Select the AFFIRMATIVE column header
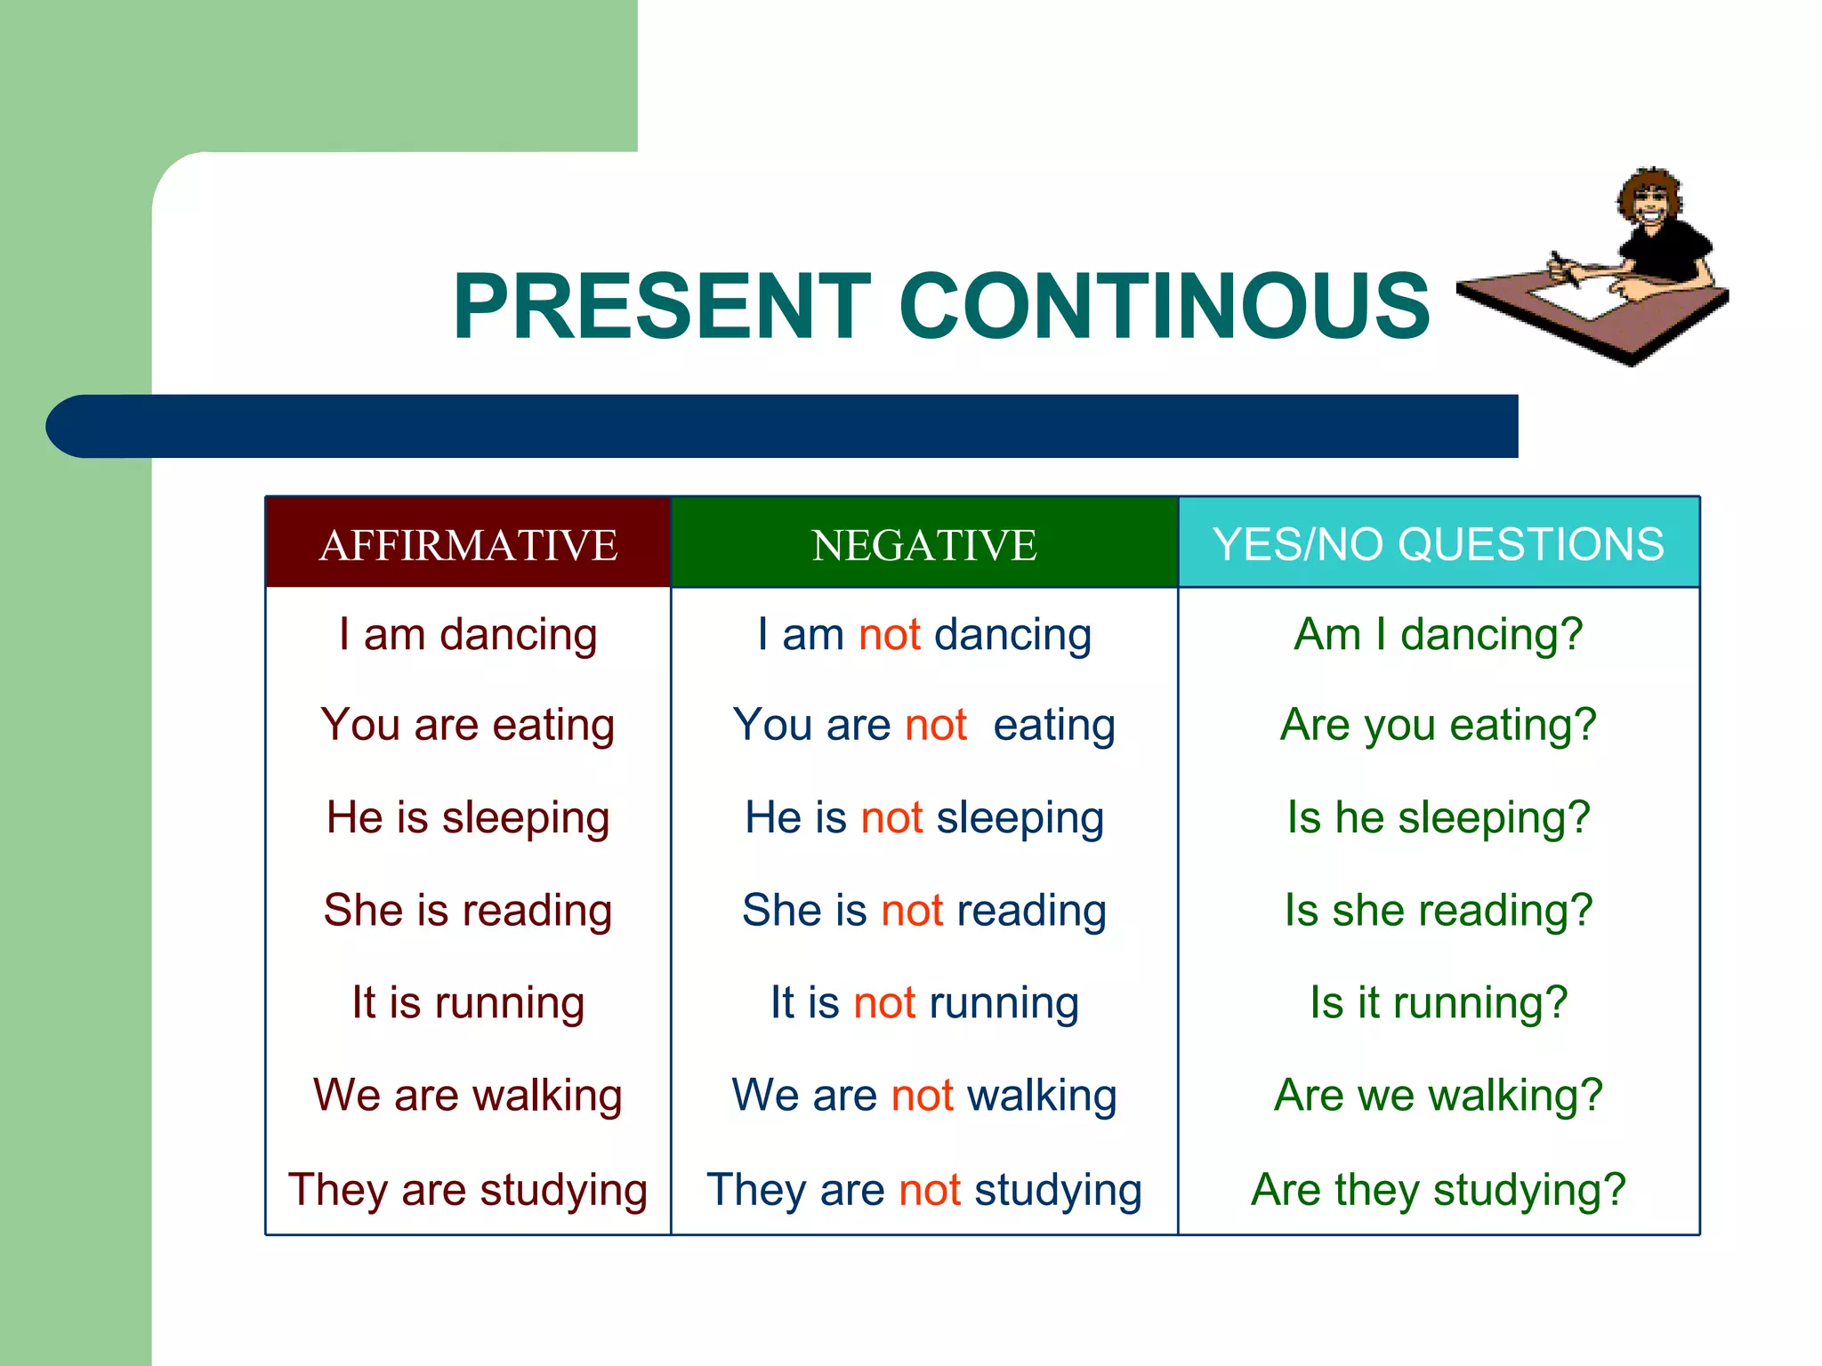[468, 544]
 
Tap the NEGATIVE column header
[924, 544]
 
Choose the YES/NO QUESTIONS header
[1438, 544]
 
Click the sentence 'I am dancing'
[468, 635]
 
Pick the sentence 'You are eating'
[468, 725]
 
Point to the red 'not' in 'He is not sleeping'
[891, 817]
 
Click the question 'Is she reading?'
[1438, 911]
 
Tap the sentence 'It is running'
[468, 1003]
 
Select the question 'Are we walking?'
[1438, 1096]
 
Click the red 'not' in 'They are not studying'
[930, 1190]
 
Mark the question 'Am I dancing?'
[1438, 635]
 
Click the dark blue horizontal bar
[783, 426]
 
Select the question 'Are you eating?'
[1438, 725]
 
